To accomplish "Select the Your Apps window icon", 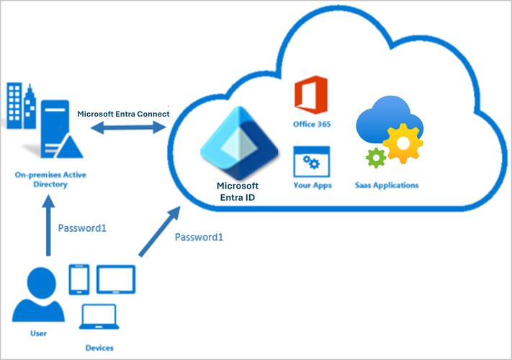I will (x=310, y=161).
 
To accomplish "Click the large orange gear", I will (x=402, y=144).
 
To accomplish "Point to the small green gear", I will (x=375, y=158).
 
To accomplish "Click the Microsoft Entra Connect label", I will (x=124, y=114).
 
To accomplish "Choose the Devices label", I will (x=99, y=348).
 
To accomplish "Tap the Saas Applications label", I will (x=386, y=186).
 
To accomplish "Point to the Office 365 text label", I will (x=310, y=125).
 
